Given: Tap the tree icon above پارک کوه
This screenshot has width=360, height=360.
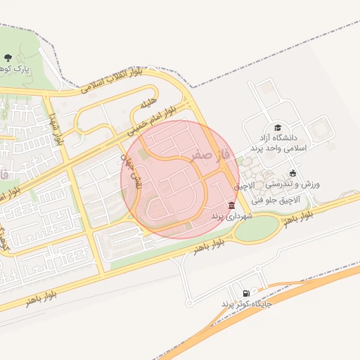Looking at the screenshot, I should [8, 58].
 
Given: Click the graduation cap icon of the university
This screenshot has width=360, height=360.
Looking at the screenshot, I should [278, 127].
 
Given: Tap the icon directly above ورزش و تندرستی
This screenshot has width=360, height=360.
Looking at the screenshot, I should [292, 172].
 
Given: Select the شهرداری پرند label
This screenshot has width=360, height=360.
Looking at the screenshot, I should [231, 216].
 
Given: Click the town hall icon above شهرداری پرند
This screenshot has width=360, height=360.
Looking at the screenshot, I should [232, 205].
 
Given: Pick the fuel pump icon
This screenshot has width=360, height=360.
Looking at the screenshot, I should [245, 293].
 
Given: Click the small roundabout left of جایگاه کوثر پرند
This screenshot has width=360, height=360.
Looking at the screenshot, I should [188, 303].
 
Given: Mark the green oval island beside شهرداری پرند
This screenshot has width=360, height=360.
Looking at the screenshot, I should [257, 227].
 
